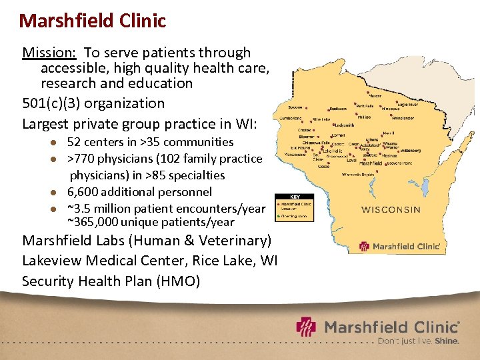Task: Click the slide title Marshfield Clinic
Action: point(92,21)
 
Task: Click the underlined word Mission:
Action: point(49,53)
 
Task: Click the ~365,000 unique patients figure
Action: point(93,223)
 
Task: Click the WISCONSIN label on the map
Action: point(391,209)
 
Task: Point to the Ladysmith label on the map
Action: point(344,125)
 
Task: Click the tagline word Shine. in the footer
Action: point(447,341)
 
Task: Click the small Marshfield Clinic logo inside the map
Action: point(400,246)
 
